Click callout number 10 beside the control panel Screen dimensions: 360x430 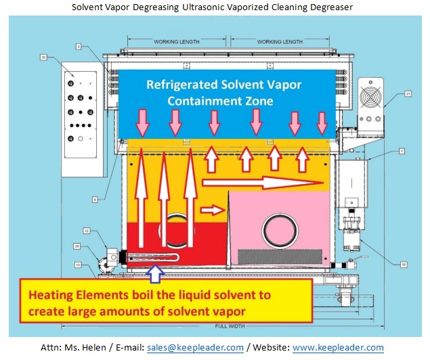[x=43, y=58]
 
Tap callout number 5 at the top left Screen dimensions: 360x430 [x=79, y=46]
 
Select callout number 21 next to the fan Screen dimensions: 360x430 [x=389, y=94]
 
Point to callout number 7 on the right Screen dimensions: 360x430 [x=401, y=149]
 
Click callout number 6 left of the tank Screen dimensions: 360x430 [x=95, y=199]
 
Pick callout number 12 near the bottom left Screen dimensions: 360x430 [x=87, y=231]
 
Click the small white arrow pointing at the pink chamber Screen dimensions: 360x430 [x=213, y=210]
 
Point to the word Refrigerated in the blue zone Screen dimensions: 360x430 [x=184, y=86]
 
